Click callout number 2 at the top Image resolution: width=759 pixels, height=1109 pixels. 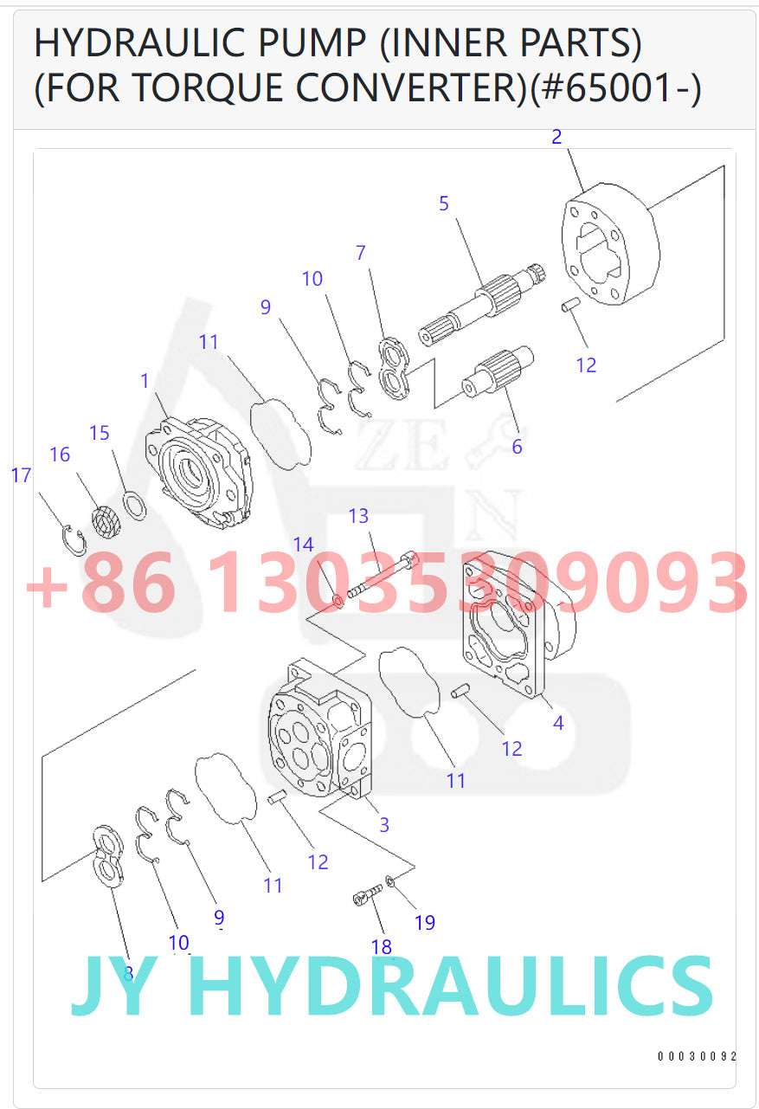[x=556, y=137]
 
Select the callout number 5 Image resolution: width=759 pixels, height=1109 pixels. [x=444, y=204]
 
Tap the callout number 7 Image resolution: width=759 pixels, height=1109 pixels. [x=361, y=254]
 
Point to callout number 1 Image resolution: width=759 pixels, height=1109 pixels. [x=145, y=380]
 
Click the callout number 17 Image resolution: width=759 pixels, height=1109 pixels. [x=21, y=475]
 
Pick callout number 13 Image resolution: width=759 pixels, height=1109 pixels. [x=358, y=517]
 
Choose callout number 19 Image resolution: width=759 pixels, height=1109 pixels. [x=425, y=923]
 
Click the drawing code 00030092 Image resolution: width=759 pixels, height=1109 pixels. [x=697, y=1056]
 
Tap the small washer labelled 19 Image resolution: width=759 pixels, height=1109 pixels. [x=391, y=882]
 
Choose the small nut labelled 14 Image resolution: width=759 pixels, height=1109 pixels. [x=339, y=600]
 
